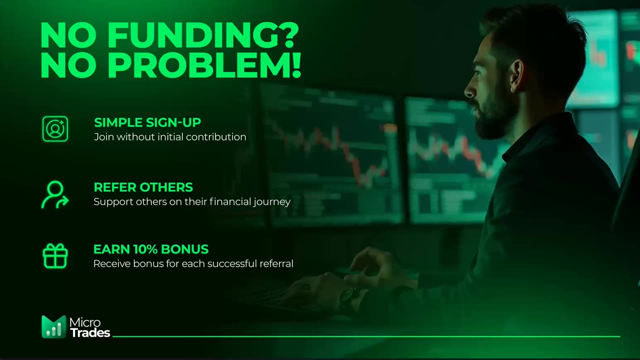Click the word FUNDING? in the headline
(203, 36)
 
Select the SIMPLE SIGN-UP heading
(147, 122)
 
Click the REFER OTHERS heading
(143, 187)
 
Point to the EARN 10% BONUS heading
(151, 249)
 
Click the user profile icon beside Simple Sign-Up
(55, 129)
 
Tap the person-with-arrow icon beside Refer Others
(54, 194)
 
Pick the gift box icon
(55, 256)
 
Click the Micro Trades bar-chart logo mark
(53, 327)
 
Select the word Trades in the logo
(90, 332)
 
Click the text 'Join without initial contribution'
(170, 137)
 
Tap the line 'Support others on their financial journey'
(192, 202)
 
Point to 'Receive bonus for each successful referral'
(193, 263)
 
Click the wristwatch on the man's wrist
(347, 298)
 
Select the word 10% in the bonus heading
(145, 249)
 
